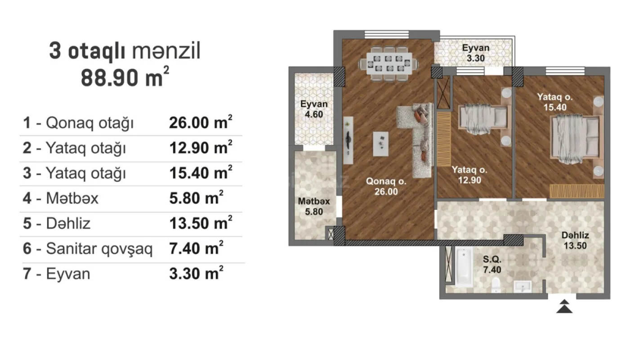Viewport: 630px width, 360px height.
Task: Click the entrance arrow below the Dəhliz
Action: coord(564,307)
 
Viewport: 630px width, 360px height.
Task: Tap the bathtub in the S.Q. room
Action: coord(463,268)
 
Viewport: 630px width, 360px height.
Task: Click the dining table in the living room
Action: coord(389,63)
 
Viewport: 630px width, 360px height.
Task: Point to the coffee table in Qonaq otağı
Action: coord(381,144)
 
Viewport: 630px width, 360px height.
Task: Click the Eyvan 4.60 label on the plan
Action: coord(314,109)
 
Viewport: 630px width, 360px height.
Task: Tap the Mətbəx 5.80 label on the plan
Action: coord(313,206)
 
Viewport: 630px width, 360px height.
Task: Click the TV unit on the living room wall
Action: coord(348,140)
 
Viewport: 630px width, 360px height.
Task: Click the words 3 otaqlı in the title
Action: coord(88,52)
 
